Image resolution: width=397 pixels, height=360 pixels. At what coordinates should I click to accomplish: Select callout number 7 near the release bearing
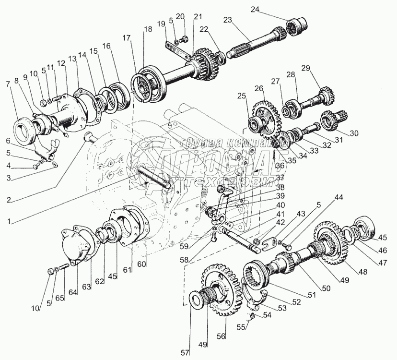(x=8, y=84)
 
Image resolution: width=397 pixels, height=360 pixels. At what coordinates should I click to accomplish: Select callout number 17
(x=126, y=37)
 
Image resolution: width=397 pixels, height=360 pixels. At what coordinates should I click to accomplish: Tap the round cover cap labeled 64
(x=77, y=248)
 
